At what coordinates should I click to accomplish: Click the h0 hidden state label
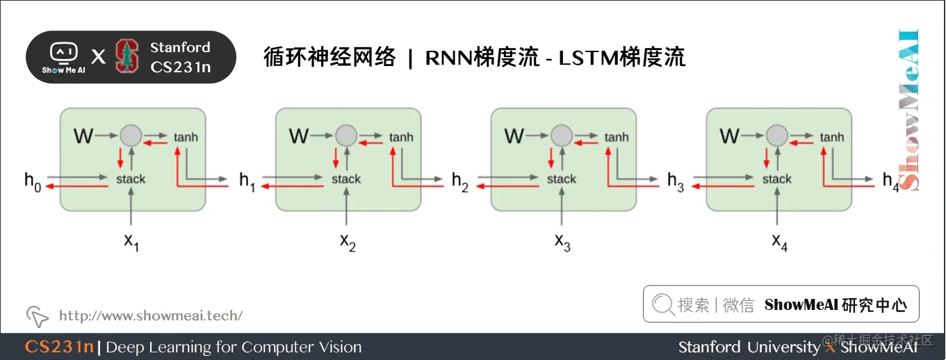click(x=33, y=181)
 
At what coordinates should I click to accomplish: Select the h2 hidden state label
click(x=460, y=181)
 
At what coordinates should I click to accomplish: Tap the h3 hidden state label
click(x=676, y=181)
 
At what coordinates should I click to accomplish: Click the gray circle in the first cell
click(x=130, y=135)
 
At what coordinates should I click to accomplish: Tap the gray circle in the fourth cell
click(x=776, y=135)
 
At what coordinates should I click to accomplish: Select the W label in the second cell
click(x=298, y=136)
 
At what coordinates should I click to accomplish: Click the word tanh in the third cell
click(x=616, y=137)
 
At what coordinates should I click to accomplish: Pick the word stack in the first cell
click(x=131, y=179)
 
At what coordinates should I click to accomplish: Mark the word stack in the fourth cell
click(x=776, y=179)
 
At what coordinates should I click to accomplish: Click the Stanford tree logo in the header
click(x=127, y=57)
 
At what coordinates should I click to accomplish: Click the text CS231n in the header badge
click(x=180, y=67)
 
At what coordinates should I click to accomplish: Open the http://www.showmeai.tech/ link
click(x=151, y=316)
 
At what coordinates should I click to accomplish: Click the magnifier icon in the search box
click(x=663, y=304)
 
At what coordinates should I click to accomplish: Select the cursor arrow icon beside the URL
click(x=38, y=316)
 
